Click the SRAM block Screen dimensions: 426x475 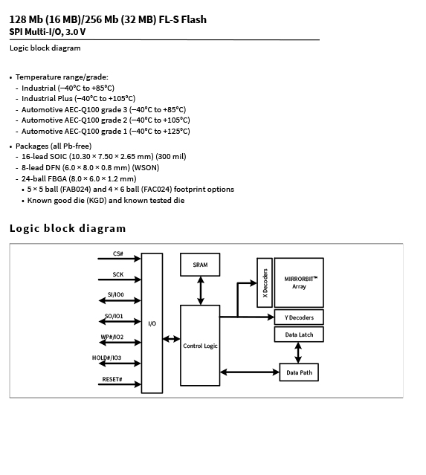[200, 265]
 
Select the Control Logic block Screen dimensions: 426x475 [200, 346]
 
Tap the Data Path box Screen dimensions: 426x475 [299, 372]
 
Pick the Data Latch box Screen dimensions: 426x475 [299, 335]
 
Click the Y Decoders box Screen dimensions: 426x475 [299, 317]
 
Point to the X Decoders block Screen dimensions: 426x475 [265, 282]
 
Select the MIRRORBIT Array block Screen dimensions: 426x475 [299, 282]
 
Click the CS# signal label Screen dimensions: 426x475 [118, 253]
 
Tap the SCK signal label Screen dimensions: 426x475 [118, 274]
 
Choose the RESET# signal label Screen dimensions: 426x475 [112, 379]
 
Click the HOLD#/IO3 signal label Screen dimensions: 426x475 [106, 358]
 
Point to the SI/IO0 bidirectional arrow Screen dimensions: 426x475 [120, 300]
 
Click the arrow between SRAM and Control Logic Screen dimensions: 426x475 [200, 291]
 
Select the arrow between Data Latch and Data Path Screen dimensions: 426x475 [298, 352]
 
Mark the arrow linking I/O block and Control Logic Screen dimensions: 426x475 [171, 339]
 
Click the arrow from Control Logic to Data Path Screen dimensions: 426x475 [250, 372]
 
